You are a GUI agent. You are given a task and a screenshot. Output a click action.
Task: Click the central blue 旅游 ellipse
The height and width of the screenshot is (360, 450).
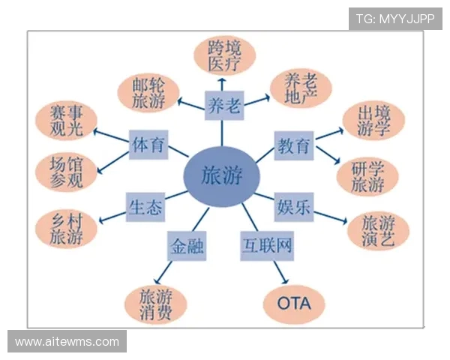222,176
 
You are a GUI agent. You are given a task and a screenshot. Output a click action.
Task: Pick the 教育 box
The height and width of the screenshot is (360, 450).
294,144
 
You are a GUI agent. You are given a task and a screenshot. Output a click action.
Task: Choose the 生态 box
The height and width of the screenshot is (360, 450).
145,207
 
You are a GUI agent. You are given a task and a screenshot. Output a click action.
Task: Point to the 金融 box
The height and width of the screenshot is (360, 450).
187,246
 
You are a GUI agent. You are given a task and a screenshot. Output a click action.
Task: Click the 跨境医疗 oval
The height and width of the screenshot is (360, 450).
224,55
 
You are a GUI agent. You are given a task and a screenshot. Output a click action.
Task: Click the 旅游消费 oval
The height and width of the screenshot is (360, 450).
155,304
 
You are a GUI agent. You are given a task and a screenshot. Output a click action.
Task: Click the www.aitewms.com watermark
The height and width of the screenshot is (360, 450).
67,342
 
